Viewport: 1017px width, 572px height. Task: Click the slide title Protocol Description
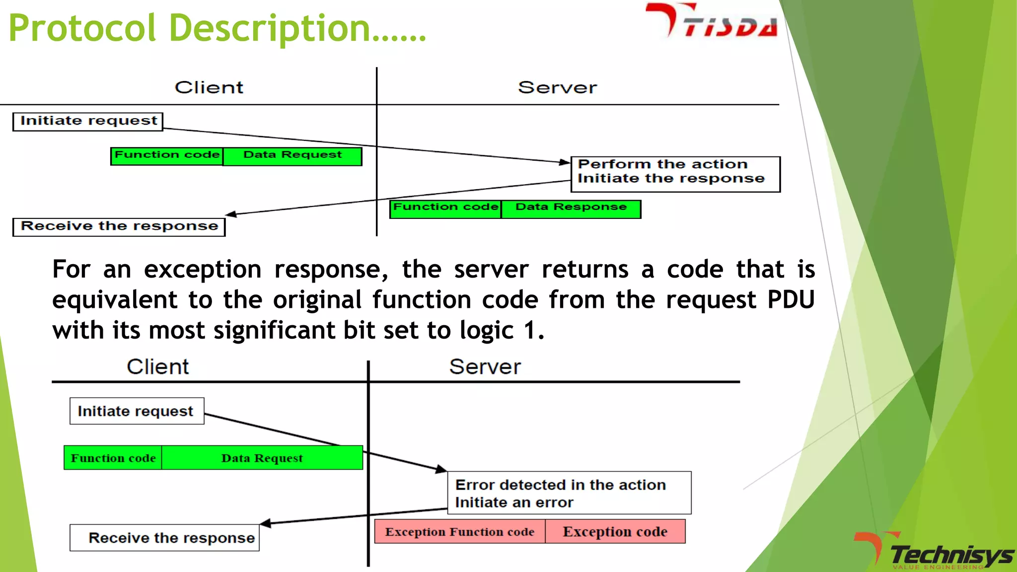(x=217, y=28)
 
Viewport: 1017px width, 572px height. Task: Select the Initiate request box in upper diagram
(x=88, y=121)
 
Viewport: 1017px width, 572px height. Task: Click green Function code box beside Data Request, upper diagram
(x=167, y=156)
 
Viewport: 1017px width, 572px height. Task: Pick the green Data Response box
(x=571, y=209)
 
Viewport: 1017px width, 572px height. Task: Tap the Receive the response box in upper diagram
(x=119, y=227)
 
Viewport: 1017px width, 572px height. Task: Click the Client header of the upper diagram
(x=209, y=87)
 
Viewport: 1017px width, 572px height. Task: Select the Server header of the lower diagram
(x=485, y=367)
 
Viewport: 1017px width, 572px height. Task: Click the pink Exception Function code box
(x=459, y=532)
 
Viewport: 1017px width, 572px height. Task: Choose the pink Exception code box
(x=615, y=532)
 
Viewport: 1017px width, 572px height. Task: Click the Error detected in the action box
(x=569, y=493)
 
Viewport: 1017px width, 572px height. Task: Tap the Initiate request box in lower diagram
(x=137, y=411)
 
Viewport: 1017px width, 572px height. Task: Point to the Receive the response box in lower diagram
(x=165, y=538)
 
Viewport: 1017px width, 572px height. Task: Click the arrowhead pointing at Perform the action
(x=565, y=162)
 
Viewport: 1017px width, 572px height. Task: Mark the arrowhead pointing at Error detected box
(x=441, y=469)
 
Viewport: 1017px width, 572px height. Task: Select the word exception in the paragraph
(x=203, y=270)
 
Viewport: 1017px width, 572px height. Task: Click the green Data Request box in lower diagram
(x=262, y=458)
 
